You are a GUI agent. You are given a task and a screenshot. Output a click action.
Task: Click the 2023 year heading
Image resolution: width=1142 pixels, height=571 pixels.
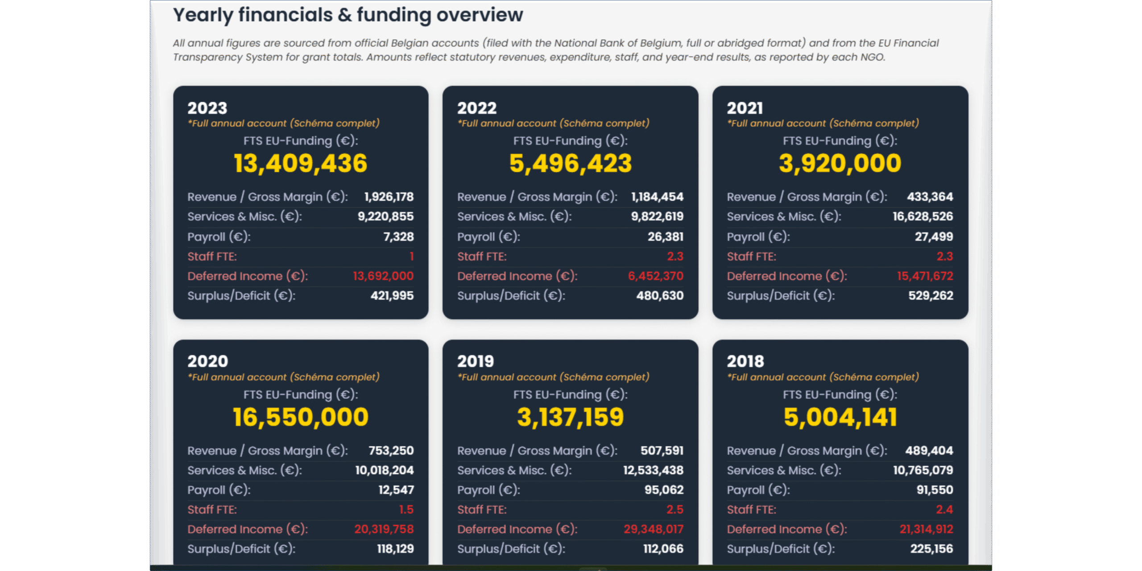207,108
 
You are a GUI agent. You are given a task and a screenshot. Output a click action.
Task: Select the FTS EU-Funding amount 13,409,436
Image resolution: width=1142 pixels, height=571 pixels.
300,163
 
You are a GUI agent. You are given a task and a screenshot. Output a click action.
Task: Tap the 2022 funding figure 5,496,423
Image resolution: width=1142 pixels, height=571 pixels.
571,163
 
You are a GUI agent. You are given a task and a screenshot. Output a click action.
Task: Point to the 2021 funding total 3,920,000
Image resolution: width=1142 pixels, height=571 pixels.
840,163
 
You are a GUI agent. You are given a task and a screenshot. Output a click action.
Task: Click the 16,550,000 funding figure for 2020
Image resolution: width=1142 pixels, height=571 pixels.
300,417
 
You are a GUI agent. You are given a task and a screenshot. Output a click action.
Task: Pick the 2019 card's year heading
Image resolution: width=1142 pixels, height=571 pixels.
476,361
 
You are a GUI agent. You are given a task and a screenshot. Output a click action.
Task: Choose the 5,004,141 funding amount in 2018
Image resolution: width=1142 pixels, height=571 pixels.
840,417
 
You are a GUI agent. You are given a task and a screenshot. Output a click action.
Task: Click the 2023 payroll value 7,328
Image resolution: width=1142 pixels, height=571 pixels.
398,236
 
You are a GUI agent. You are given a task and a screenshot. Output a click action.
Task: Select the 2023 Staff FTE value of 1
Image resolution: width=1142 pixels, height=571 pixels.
411,256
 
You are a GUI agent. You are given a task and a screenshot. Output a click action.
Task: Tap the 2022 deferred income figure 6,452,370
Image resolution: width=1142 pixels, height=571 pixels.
655,276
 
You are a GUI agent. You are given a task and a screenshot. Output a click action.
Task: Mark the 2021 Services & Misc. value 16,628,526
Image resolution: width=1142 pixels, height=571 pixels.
923,216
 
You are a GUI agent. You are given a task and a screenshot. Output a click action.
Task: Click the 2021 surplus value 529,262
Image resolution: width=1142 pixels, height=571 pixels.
931,295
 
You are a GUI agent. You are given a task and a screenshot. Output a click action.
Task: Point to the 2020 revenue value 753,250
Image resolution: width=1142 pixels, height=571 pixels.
391,451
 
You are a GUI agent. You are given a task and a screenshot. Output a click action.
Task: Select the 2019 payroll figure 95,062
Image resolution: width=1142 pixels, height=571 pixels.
664,490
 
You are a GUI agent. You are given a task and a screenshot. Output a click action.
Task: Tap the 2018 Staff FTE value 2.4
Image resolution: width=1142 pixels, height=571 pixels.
944,509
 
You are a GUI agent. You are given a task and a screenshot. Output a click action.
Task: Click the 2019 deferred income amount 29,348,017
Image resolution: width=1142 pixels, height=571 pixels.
653,529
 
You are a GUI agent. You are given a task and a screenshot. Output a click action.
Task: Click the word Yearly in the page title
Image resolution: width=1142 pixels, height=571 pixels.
203,15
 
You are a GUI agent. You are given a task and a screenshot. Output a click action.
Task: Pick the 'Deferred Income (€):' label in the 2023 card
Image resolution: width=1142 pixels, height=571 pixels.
248,276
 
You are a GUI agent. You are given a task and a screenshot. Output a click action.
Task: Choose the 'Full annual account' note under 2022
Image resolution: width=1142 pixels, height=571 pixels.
553,123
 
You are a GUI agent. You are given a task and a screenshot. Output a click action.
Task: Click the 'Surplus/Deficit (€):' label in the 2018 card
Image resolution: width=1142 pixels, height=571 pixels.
781,549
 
